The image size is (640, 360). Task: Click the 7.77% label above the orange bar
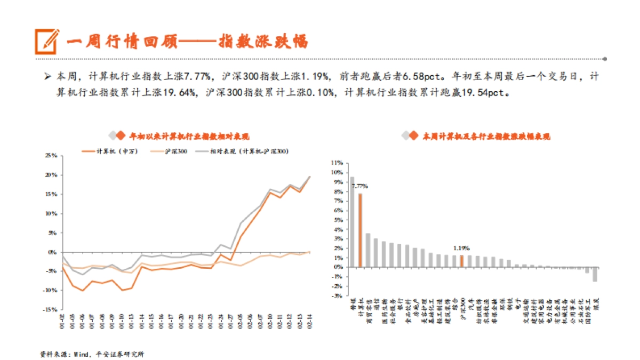pyautogui.click(x=359, y=186)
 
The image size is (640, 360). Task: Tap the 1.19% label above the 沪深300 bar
pyautogui.click(x=461, y=248)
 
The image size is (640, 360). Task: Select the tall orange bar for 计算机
pyautogui.click(x=360, y=230)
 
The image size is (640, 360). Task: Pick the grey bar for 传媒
pyautogui.click(x=352, y=221)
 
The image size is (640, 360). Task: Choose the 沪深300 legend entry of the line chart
pyautogui.click(x=170, y=151)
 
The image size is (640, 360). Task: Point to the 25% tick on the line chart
pyautogui.click(x=51, y=156)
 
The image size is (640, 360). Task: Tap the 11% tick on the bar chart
pyautogui.click(x=337, y=162)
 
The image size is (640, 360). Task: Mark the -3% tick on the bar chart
pyautogui.click(x=337, y=297)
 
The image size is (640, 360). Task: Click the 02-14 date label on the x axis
pyautogui.click(x=310, y=322)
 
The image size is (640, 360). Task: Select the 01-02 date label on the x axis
pyautogui.click(x=63, y=322)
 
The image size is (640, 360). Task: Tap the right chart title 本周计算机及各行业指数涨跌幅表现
pyautogui.click(x=486, y=137)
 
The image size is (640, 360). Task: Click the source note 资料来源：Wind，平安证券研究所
pyautogui.click(x=92, y=354)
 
